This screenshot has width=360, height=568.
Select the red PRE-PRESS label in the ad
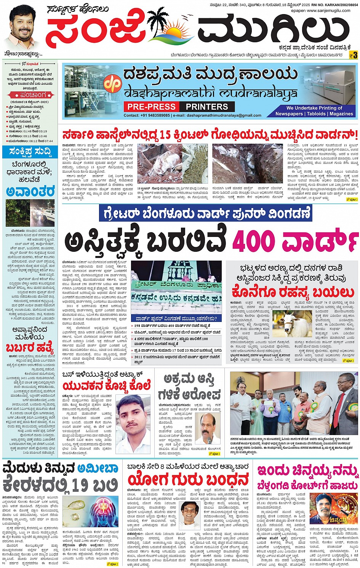151,107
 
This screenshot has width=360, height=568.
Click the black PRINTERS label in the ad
207,107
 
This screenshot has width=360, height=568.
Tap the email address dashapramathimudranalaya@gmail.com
218,115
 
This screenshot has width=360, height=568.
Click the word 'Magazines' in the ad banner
341,114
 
